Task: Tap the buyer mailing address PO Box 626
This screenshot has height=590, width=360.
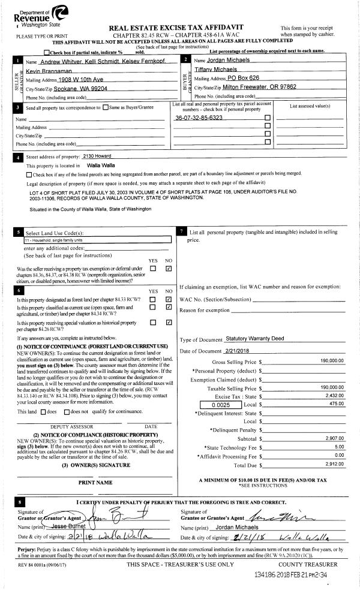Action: (235, 79)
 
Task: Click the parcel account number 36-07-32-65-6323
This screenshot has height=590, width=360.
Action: (199, 118)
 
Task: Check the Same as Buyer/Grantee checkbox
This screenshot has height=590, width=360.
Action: (106, 107)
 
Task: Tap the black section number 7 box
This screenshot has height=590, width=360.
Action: (182, 231)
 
